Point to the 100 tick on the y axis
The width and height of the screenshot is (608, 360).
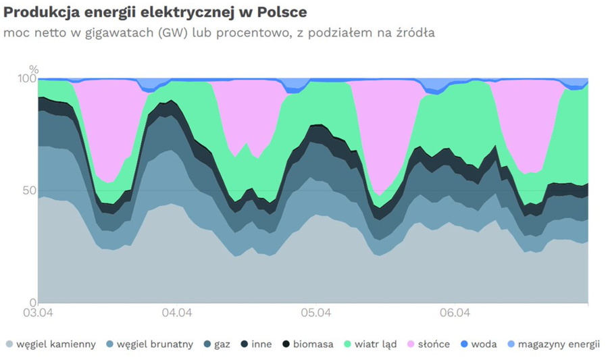[x=26, y=79]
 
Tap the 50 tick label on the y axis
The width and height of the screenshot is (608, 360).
[x=28, y=190]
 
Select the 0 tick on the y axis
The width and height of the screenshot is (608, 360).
[x=32, y=302]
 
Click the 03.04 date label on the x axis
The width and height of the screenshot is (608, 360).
[x=38, y=313]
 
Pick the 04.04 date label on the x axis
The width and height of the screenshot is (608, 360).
[x=177, y=313]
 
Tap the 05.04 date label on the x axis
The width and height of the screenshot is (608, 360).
[x=315, y=313]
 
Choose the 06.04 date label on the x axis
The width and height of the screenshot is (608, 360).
[x=455, y=313]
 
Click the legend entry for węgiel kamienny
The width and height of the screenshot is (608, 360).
[x=56, y=344]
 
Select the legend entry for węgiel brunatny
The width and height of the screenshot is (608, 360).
[x=155, y=344]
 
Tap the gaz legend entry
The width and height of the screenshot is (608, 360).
[x=222, y=344]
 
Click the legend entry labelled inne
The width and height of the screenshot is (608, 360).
[x=261, y=344]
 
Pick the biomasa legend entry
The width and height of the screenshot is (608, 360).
[x=313, y=344]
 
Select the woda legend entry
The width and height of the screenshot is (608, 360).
[x=483, y=344]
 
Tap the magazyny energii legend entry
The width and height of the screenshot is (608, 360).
[x=559, y=344]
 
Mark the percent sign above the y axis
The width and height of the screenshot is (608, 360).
[x=34, y=70]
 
